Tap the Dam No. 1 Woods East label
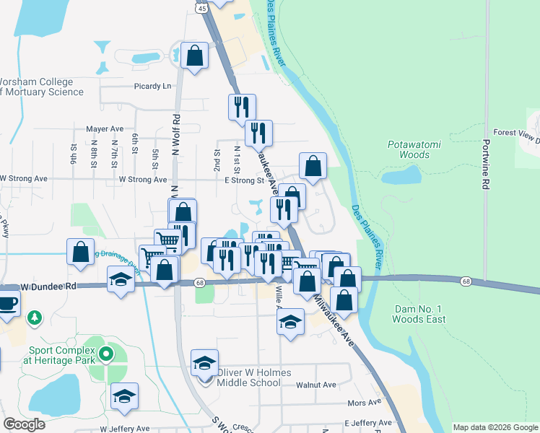(x=420, y=314)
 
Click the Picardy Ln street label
(x=153, y=87)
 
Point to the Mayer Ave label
(x=105, y=129)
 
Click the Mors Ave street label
(x=364, y=403)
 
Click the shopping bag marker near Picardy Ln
(x=195, y=56)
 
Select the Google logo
(x=24, y=424)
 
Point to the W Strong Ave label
(x=23, y=178)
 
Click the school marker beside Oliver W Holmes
(x=205, y=362)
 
